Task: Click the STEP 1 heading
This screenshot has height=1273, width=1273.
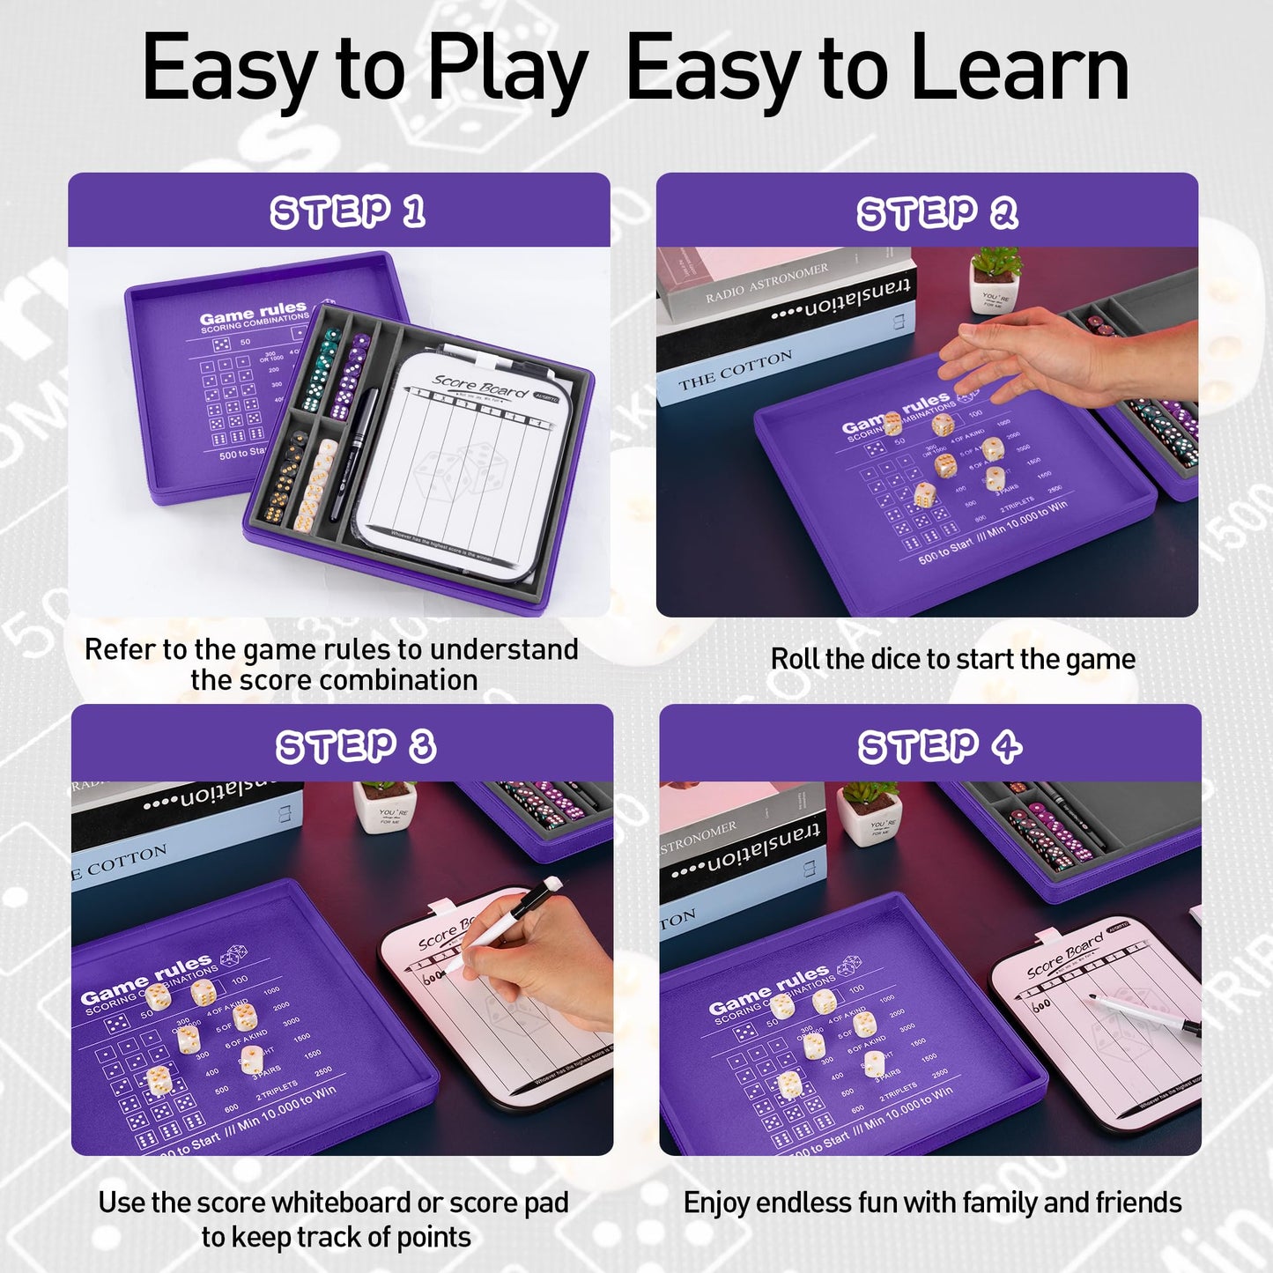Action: pos(347,212)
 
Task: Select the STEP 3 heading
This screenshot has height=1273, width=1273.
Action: pos(355,746)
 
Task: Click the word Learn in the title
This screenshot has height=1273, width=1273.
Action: pos(1018,69)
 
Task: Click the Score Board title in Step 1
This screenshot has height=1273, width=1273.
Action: pos(480,385)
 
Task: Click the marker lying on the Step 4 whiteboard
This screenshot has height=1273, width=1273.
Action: pos(1145,1013)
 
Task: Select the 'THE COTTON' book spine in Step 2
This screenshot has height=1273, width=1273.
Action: pos(736,371)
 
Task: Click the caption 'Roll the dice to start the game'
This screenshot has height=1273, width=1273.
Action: pos(952,659)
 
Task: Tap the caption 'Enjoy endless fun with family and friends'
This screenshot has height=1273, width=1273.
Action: pos(932,1203)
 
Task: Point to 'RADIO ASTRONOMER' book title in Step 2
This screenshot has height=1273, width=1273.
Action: pos(766,283)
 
